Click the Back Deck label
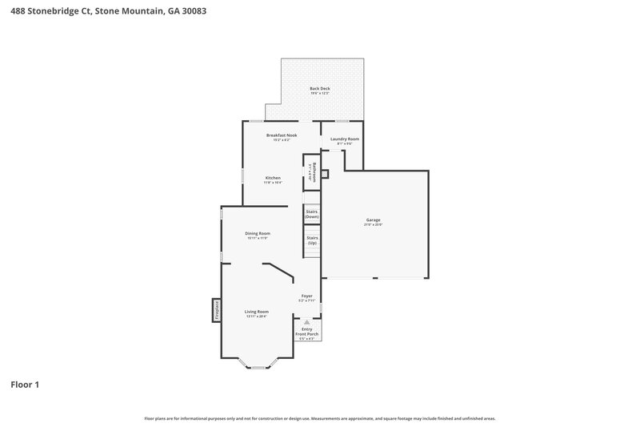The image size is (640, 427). pyautogui.click(x=320, y=88)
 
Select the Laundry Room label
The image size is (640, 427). pyautogui.click(x=345, y=139)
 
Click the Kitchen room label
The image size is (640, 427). pyautogui.click(x=273, y=177)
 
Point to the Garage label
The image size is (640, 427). pyautogui.click(x=373, y=220)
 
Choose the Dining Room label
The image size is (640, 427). pyautogui.click(x=258, y=233)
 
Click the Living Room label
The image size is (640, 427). pyautogui.click(x=257, y=312)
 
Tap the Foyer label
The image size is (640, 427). pyautogui.click(x=306, y=296)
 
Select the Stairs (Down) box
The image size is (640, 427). pyautogui.click(x=312, y=214)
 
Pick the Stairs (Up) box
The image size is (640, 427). pyautogui.click(x=312, y=240)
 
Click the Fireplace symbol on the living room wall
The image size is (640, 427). pyautogui.click(x=216, y=311)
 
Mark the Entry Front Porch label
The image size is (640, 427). pyautogui.click(x=306, y=331)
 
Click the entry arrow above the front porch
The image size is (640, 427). pyautogui.click(x=306, y=320)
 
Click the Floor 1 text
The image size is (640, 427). pyautogui.click(x=25, y=385)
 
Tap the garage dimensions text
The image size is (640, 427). pyautogui.click(x=373, y=224)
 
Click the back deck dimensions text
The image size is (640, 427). pyautogui.click(x=320, y=94)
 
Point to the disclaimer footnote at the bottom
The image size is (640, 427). pyautogui.click(x=320, y=418)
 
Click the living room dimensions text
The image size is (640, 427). pyautogui.click(x=257, y=316)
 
